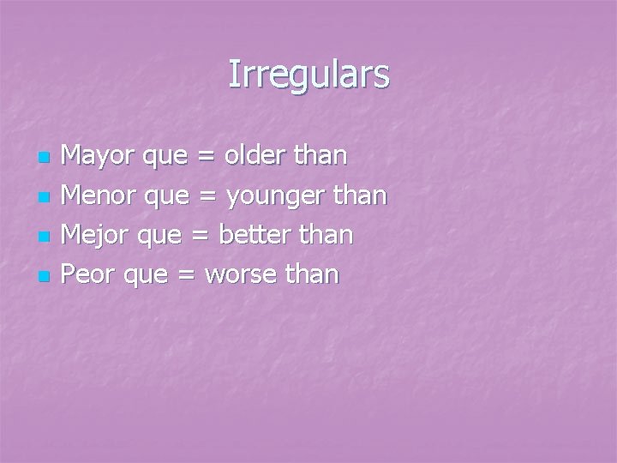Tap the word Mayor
96,157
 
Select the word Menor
97,196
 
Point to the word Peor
89,274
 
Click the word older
249,156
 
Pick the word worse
244,275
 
